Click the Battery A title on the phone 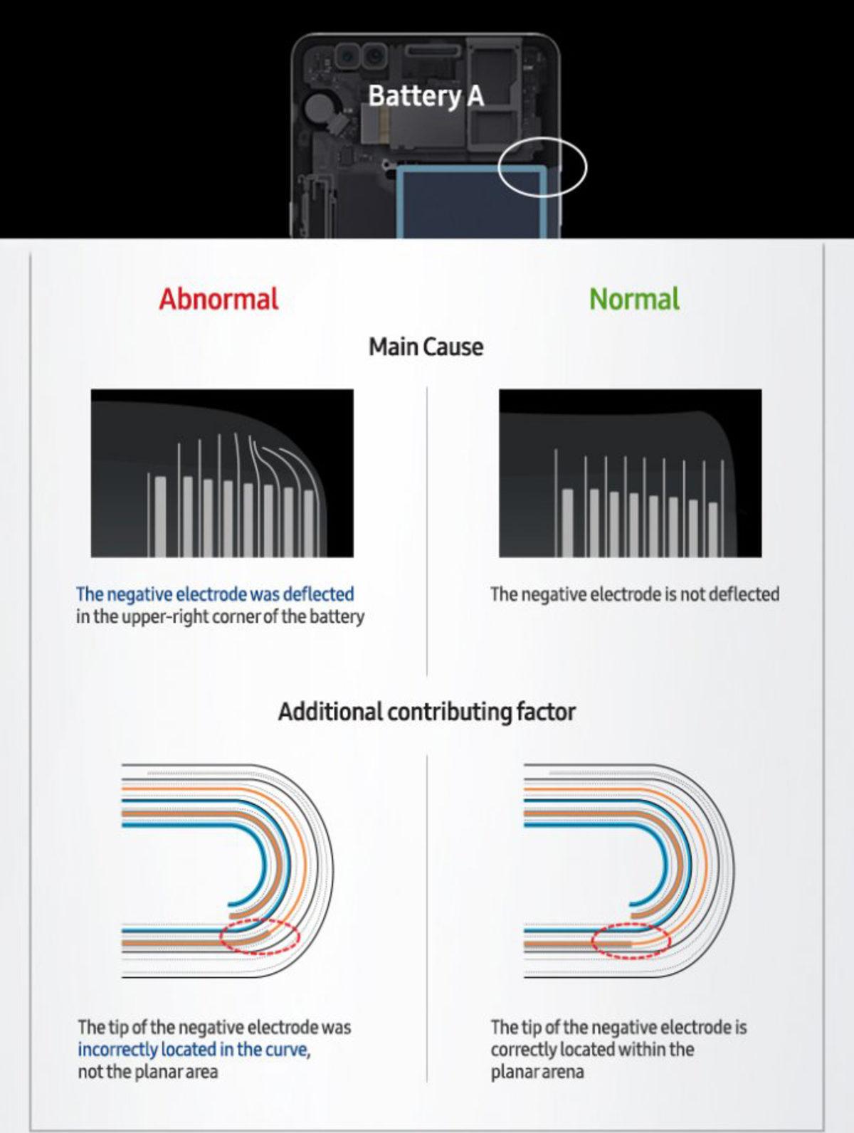[426, 96]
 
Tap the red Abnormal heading [218, 299]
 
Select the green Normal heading [634, 299]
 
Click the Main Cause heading [426, 347]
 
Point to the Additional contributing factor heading [427, 712]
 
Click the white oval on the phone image [542, 167]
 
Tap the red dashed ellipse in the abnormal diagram [260, 937]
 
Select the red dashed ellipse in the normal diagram [631, 941]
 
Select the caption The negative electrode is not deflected [635, 594]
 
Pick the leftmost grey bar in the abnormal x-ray [160, 517]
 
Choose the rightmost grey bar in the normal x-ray [713, 529]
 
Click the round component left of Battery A [315, 108]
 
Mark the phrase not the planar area [147, 1072]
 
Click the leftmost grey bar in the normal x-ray [568, 523]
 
